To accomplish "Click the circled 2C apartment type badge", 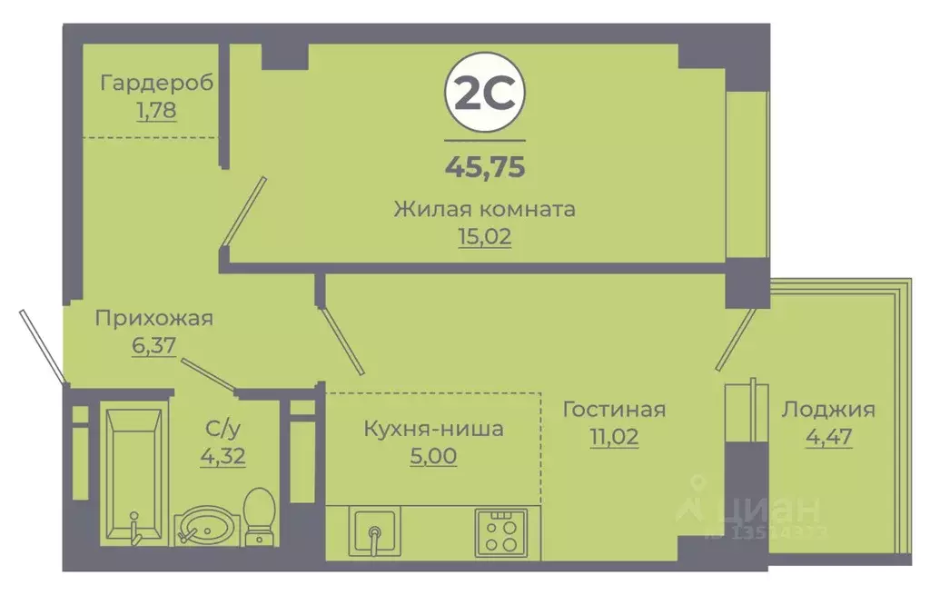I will click(484, 94).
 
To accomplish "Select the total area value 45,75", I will click(485, 167).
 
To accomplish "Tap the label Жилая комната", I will click(485, 209).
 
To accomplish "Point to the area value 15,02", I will click(485, 237).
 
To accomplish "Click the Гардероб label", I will click(157, 84).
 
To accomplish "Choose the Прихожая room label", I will click(154, 318).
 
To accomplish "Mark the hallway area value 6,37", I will click(153, 346).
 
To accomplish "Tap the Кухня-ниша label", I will click(433, 428).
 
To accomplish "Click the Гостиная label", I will click(613, 409).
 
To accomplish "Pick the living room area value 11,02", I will click(613, 437).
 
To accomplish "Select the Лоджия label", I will click(827, 409).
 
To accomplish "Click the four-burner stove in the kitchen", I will click(498, 531).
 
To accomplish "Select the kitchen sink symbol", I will click(373, 531).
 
